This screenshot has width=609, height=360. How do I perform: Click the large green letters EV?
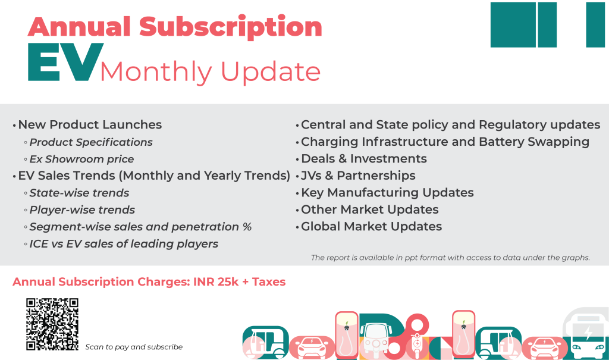click(x=62, y=64)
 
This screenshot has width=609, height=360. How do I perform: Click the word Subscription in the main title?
click(x=231, y=27)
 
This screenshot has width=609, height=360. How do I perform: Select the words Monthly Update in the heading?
click(x=210, y=72)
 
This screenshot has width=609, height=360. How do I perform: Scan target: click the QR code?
click(x=52, y=324)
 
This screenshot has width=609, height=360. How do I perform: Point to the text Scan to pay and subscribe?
click(x=134, y=347)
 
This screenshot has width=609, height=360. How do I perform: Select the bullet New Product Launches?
click(x=90, y=125)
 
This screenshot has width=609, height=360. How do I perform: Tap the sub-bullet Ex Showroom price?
click(x=81, y=159)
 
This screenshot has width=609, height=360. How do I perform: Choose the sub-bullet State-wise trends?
click(x=79, y=193)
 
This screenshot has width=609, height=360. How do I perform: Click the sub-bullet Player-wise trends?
click(x=82, y=210)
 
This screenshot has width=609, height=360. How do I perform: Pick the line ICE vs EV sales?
click(x=124, y=244)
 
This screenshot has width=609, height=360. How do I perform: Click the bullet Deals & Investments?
click(x=363, y=159)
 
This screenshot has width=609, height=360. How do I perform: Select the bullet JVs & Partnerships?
click(x=358, y=176)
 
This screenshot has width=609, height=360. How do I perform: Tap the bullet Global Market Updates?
click(x=371, y=227)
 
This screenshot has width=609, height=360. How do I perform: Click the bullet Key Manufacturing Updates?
click(x=387, y=193)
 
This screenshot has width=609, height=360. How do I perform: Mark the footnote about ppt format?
click(x=450, y=258)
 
